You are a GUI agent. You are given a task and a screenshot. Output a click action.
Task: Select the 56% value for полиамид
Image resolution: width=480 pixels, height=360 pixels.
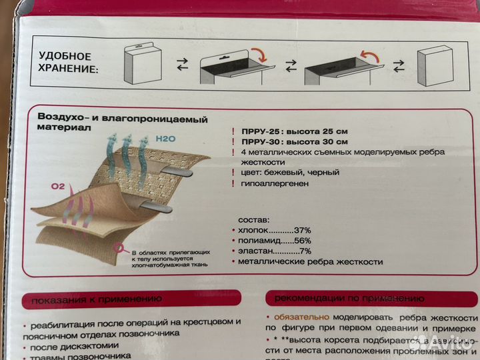pos(297,240)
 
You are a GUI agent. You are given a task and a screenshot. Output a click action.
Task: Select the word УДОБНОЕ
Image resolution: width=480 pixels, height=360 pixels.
pos(65,56)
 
